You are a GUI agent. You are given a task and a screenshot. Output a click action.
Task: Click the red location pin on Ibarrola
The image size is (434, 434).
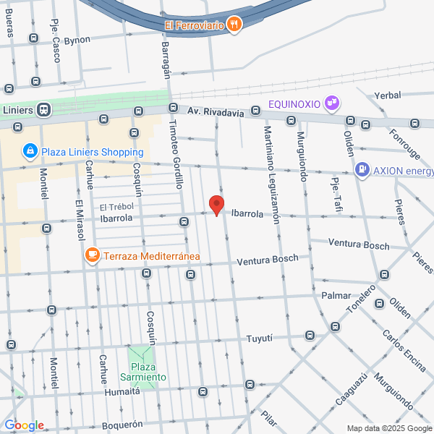[216, 205]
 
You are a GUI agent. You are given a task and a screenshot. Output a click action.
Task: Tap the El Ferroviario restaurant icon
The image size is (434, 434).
[234, 25]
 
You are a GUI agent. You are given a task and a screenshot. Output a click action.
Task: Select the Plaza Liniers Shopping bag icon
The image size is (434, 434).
[30, 151]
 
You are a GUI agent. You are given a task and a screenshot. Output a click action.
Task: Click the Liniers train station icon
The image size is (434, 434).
[43, 110]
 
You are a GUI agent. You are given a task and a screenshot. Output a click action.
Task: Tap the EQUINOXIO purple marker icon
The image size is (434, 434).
[332, 103]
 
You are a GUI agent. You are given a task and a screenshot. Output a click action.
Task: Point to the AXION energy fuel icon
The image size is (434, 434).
[362, 171]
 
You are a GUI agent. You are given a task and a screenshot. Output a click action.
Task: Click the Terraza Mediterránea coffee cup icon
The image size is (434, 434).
[93, 255]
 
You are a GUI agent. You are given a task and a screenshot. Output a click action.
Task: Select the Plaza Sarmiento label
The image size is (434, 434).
[142, 372]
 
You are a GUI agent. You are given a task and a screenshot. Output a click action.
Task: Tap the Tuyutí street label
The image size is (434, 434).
[258, 338]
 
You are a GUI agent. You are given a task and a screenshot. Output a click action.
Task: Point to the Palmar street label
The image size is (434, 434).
[336, 296]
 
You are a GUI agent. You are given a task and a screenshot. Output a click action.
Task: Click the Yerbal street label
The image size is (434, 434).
[388, 95]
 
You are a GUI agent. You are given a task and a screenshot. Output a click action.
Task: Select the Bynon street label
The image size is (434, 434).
[77, 40]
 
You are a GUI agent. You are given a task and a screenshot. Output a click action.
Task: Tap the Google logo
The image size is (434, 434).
[24, 425]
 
